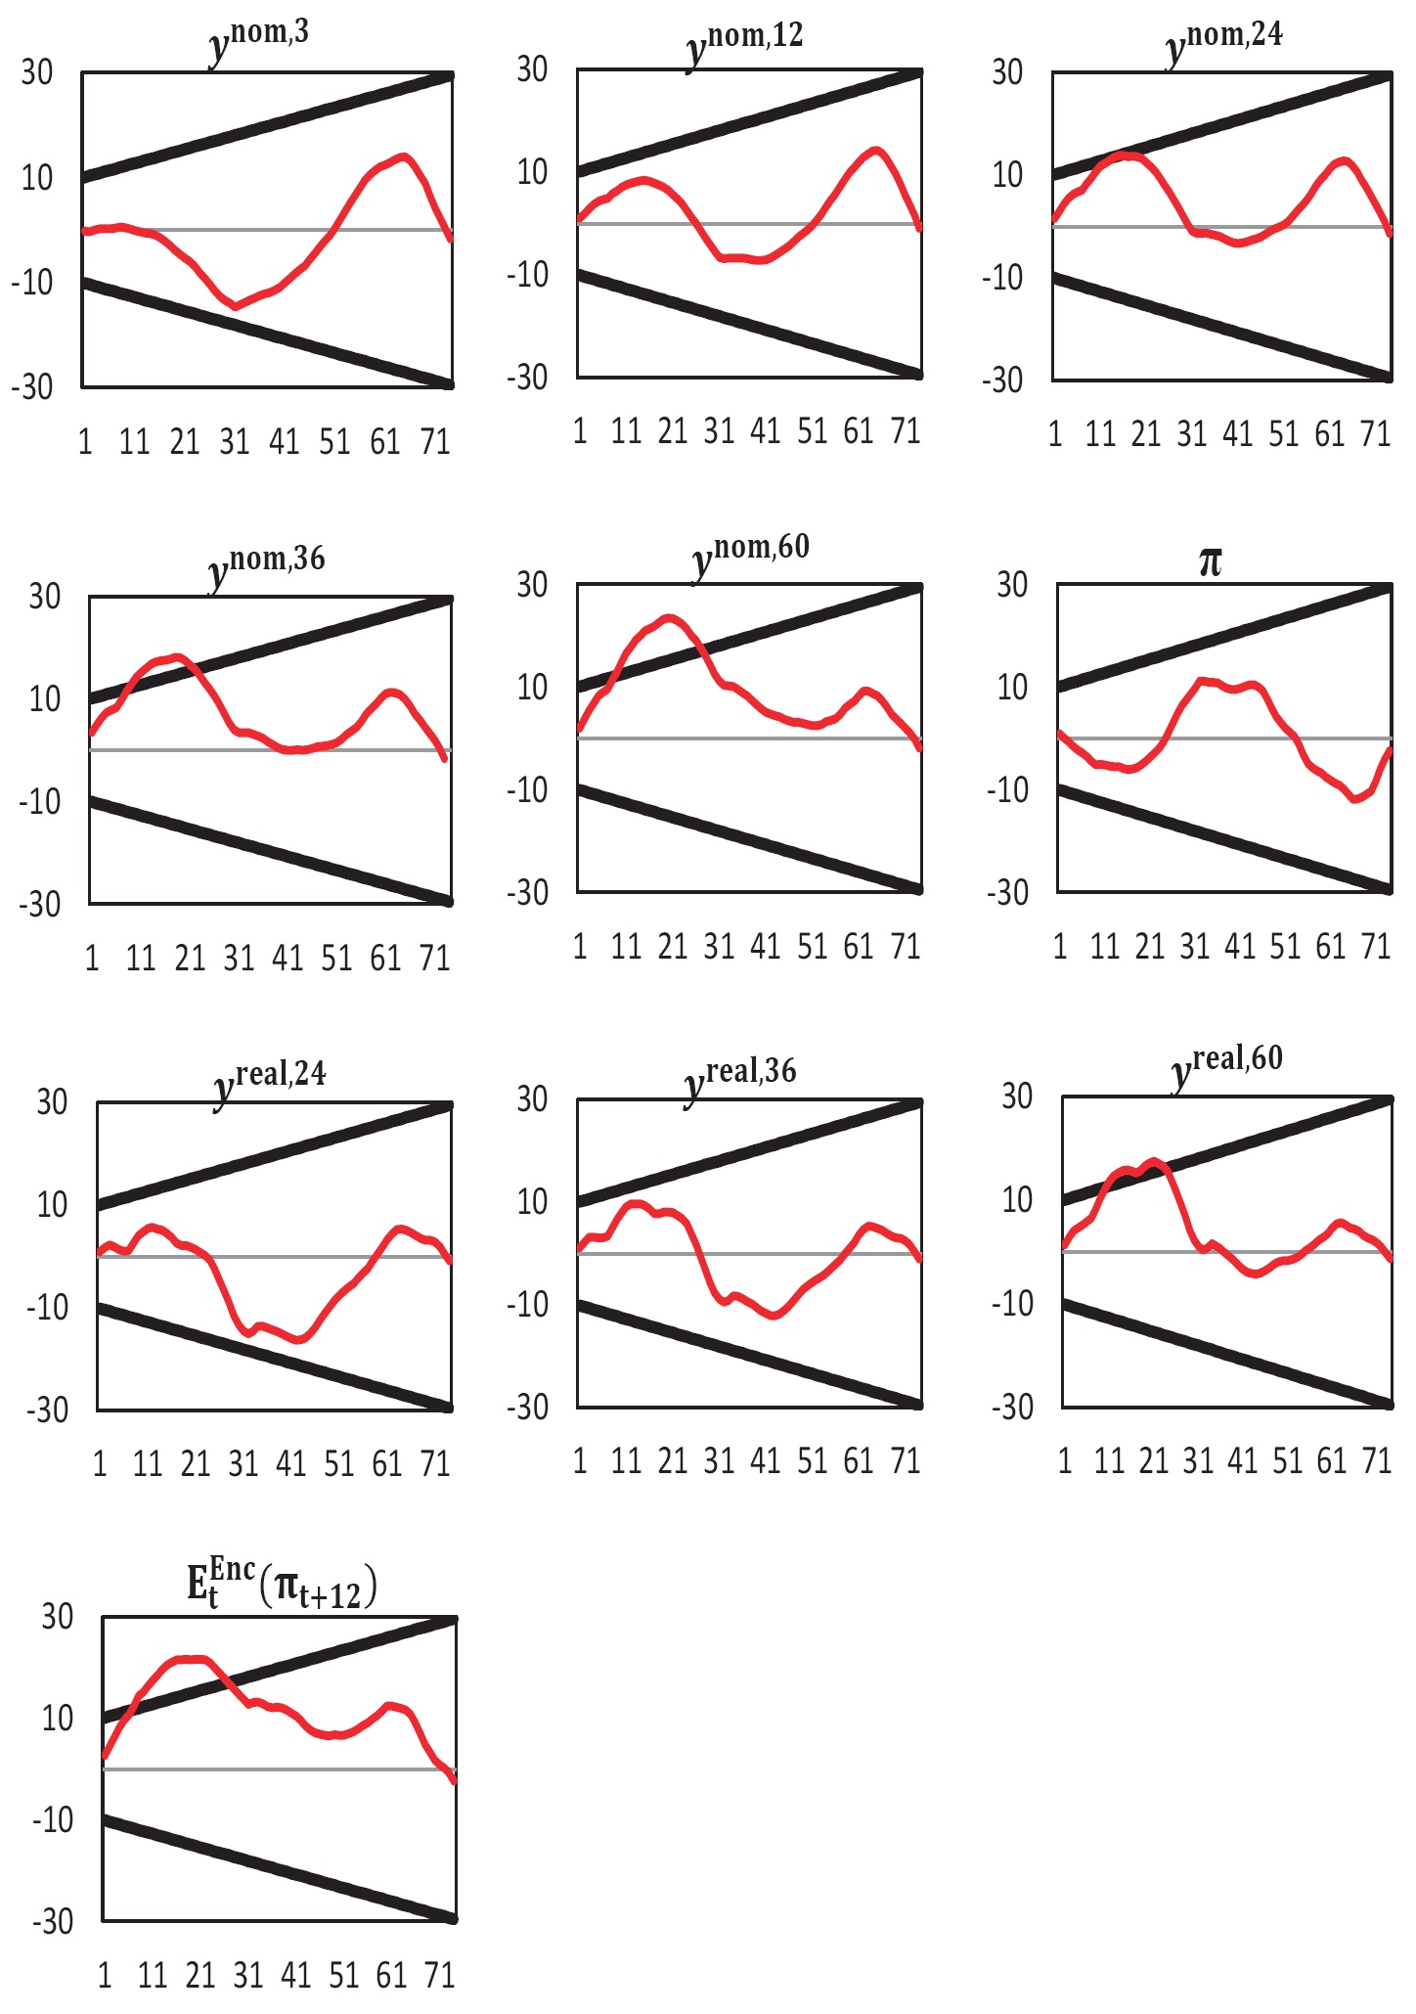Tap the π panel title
click(1210, 562)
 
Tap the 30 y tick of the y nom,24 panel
click(1007, 72)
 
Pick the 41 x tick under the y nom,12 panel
click(765, 430)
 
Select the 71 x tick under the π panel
click(1376, 946)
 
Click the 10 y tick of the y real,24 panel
click(52, 1204)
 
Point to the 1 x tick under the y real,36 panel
click(580, 1460)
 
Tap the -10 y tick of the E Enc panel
click(53, 1819)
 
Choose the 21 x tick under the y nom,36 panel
click(190, 958)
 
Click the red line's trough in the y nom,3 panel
click(236, 306)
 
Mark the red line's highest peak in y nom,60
click(669, 617)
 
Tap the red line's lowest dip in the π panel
click(1355, 799)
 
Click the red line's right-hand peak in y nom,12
click(876, 151)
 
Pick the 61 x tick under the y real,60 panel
click(1332, 1460)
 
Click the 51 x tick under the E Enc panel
click(343, 1976)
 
